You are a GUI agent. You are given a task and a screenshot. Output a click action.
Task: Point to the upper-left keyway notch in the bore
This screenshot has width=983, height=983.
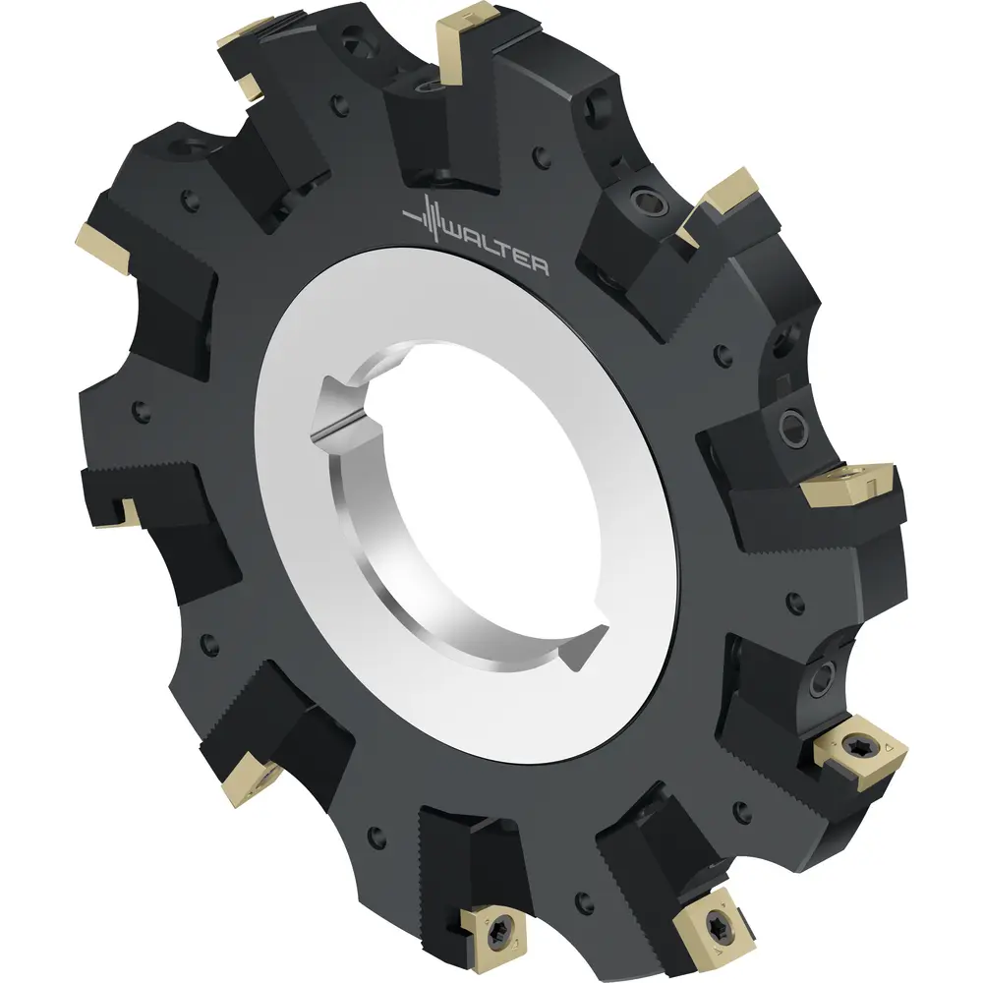point(347,408)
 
